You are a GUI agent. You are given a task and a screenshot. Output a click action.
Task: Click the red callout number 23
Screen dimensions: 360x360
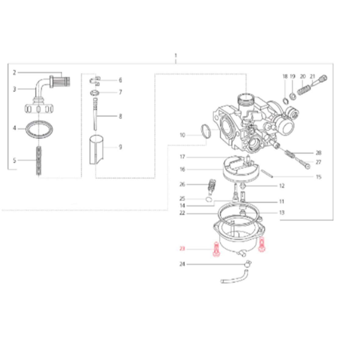click(182, 249)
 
